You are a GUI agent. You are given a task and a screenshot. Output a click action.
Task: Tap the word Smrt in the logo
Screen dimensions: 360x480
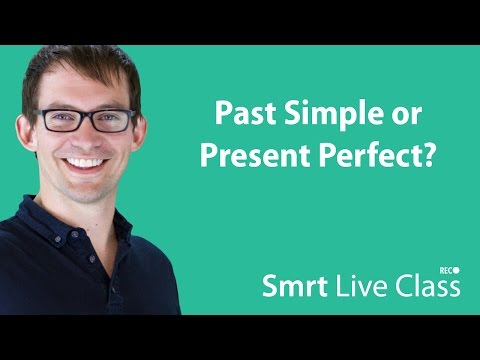click(x=291, y=287)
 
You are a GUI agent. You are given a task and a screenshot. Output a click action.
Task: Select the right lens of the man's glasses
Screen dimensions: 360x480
click(x=113, y=119)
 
